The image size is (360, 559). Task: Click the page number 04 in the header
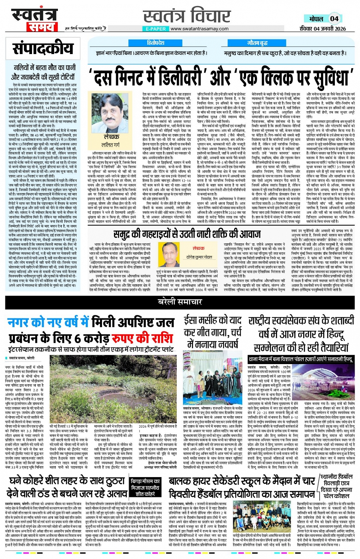pyautogui.click(x=334, y=19)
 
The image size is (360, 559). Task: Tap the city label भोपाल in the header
pyautogui.click(x=316, y=19)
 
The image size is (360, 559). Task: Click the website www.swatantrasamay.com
pyautogui.click(x=199, y=29)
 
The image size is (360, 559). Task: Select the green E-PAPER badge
pyautogui.click(x=156, y=29)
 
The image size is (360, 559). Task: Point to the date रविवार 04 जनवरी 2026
pyautogui.click(x=322, y=29)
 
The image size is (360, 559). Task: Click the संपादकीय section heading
pyautogui.click(x=43, y=49)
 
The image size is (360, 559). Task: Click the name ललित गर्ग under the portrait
pyautogui.click(x=111, y=145)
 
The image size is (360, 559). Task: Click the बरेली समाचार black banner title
pyautogui.click(x=180, y=302)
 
